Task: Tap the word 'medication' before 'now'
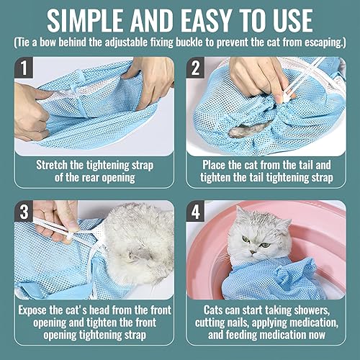coord(279,336)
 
